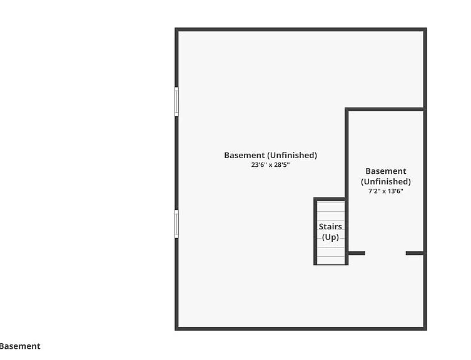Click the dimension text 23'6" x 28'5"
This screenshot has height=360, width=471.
270,164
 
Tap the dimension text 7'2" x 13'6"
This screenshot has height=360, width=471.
386,191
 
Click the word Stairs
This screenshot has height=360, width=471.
330,226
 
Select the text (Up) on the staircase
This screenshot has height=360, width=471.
330,237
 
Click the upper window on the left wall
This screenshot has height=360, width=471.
176,101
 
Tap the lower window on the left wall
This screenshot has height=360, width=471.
176,224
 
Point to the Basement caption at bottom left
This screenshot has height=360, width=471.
20,346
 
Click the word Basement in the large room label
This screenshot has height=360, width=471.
245,155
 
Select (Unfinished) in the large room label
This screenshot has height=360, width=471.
292,155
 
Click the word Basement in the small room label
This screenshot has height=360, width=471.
386,171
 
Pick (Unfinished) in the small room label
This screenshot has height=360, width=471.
386,182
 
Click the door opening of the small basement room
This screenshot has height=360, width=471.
385,253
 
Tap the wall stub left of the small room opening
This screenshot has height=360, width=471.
357,253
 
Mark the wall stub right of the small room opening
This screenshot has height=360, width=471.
415,253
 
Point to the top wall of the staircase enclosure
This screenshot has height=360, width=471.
329,199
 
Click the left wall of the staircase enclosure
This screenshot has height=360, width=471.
315,231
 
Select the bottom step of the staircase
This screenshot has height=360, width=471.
331,261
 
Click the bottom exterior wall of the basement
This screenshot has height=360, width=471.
301,329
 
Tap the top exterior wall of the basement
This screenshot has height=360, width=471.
301,29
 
